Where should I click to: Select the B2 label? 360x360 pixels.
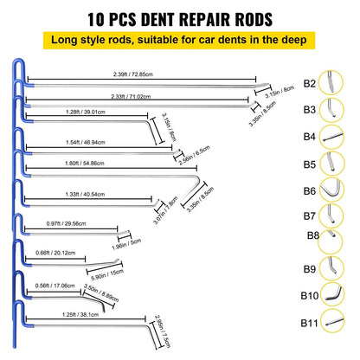pos(310,85)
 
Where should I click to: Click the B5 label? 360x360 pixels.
pos(310,162)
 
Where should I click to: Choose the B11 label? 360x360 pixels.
pos(310,325)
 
